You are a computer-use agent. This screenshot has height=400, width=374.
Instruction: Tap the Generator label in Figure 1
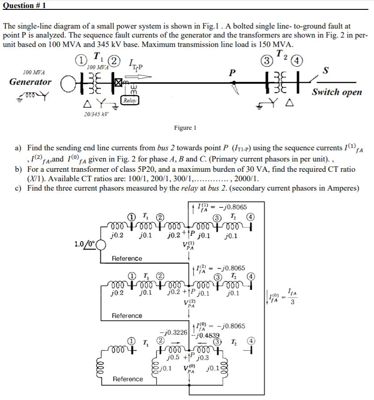(x=30, y=82)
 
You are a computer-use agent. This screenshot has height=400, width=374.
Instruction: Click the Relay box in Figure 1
(x=129, y=101)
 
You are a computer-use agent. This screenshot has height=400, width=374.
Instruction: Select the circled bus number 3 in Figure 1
(x=267, y=60)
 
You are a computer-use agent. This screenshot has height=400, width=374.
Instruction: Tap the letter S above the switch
(x=325, y=71)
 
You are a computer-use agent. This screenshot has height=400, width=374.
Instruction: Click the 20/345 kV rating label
(x=96, y=115)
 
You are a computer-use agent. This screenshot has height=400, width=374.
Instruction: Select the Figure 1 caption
(x=185, y=128)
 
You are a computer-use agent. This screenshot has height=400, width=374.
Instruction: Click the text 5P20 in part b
(x=144, y=169)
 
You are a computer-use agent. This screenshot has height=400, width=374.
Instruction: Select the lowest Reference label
(x=128, y=379)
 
